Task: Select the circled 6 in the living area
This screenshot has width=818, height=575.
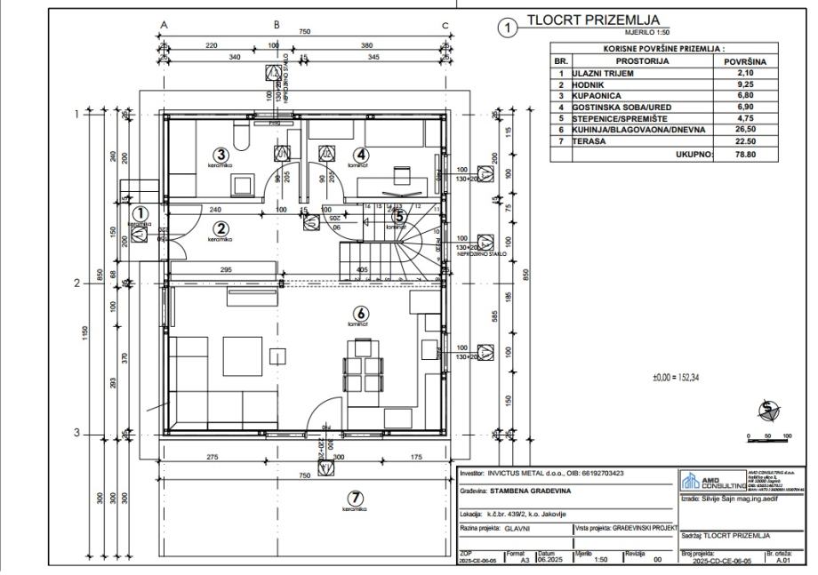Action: (361, 313)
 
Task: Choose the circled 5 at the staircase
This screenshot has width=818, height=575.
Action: (399, 215)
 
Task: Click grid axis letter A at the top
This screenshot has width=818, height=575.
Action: (164, 25)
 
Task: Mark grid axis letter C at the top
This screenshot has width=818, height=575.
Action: (445, 25)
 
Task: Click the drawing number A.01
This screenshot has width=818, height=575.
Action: (782, 562)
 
